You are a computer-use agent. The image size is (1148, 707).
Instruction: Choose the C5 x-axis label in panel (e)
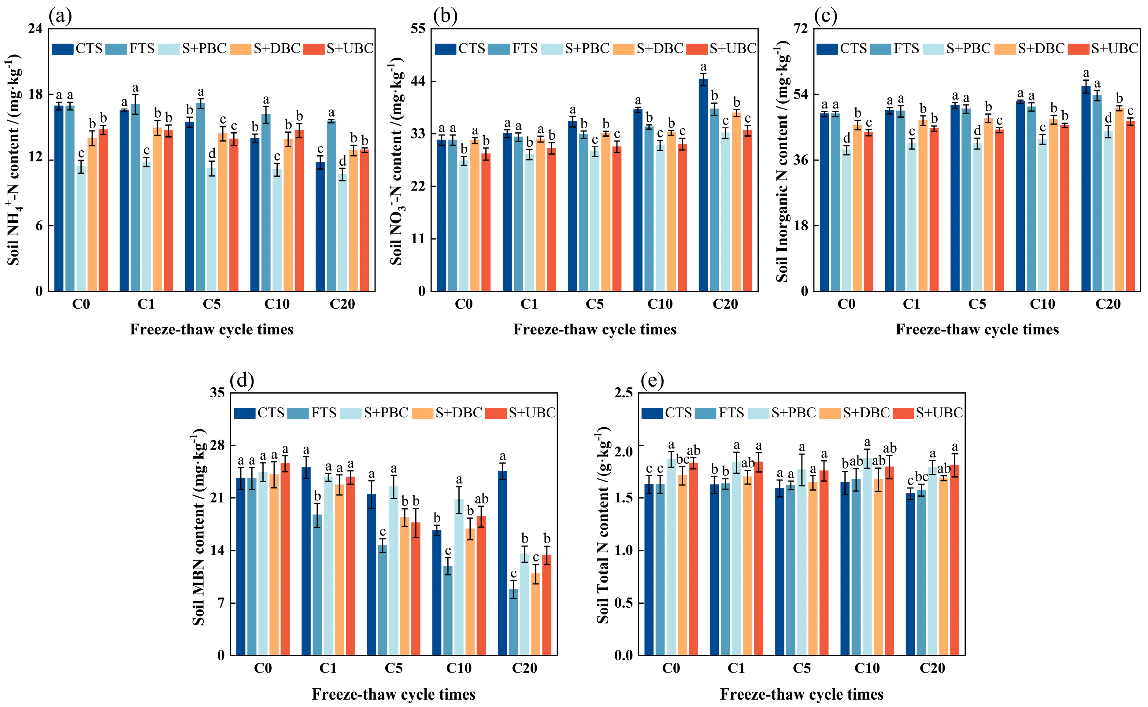tap(801, 668)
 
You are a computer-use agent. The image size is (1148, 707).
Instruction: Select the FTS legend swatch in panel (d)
tap(298, 413)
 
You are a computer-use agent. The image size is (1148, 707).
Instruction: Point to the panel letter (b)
tap(445, 17)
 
